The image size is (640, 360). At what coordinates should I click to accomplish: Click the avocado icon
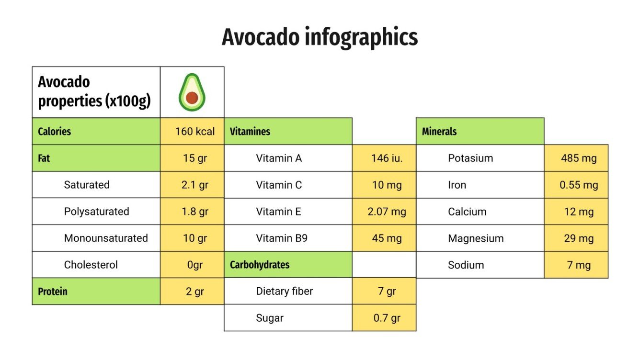pyautogui.click(x=192, y=92)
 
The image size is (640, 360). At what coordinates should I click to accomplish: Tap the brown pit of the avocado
pyautogui.click(x=192, y=98)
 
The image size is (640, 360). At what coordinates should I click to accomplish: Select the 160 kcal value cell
pyautogui.click(x=195, y=131)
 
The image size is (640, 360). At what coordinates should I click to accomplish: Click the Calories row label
pyautogui.click(x=54, y=131)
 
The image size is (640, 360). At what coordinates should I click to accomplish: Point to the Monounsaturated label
pyautogui.click(x=106, y=238)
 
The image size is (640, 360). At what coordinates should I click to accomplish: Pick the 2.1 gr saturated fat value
pyautogui.click(x=195, y=185)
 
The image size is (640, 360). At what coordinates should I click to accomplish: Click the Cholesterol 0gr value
pyautogui.click(x=195, y=265)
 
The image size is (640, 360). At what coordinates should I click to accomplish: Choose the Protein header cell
pyautogui.click(x=53, y=292)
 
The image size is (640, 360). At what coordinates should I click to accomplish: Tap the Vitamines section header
pyautogui.click(x=250, y=131)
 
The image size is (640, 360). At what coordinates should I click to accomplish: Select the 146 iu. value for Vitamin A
pyautogui.click(x=387, y=158)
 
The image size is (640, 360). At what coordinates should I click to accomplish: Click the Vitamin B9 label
pyautogui.click(x=282, y=238)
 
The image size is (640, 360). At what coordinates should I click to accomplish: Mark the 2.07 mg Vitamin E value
pyautogui.click(x=387, y=212)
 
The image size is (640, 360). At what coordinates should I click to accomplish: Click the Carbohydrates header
pyautogui.click(x=260, y=265)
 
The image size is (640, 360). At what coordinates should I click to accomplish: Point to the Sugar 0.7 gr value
pyautogui.click(x=387, y=318)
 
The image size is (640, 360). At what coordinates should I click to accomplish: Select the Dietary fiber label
pyautogui.click(x=285, y=291)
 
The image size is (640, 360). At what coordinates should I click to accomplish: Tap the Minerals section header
pyautogui.click(x=439, y=131)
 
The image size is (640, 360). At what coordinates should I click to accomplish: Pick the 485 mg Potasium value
pyautogui.click(x=579, y=158)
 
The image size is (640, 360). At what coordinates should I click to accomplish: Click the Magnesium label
pyautogui.click(x=476, y=238)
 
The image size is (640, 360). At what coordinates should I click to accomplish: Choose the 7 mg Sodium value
pyautogui.click(x=579, y=265)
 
